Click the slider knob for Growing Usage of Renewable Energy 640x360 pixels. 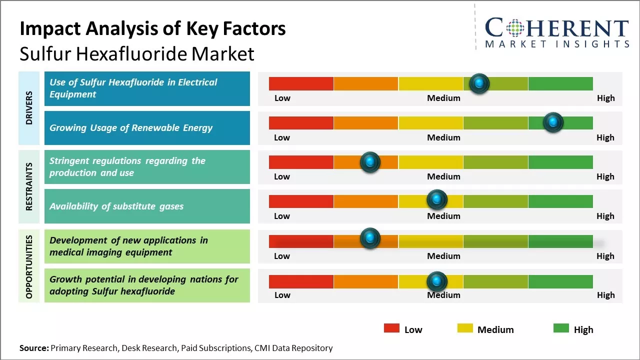tap(553, 122)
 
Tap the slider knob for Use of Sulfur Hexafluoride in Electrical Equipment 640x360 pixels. tap(479, 83)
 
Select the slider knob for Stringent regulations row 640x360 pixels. tap(370, 162)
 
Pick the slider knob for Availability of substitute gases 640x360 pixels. tap(437, 200)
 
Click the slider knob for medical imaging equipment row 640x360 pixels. tap(370, 238)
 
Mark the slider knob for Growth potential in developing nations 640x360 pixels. tap(437, 281)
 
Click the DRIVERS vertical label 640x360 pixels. tap(29, 108)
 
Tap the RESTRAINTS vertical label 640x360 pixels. tap(29, 186)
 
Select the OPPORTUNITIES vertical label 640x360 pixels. tap(29, 266)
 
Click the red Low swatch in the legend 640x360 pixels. tap(391, 328)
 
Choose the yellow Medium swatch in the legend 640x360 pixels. tap(465, 328)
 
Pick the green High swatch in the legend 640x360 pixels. tap(561, 328)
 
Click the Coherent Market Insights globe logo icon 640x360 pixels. tap(514, 28)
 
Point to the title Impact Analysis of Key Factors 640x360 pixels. tap(152, 29)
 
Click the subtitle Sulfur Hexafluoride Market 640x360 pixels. tap(137, 54)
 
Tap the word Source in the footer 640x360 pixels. tap(34, 348)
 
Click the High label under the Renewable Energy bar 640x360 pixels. tap(605, 137)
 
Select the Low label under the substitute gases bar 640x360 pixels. tap(282, 216)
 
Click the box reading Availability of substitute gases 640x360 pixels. tap(147, 206)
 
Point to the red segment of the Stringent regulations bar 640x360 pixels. tap(301, 162)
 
